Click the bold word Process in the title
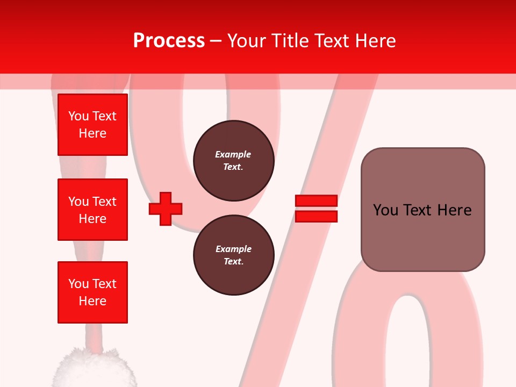coord(169,41)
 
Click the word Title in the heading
coord(291,41)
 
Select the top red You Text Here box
coord(92,125)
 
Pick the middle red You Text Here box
coord(92,210)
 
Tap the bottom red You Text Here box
coord(92,292)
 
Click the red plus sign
coord(166,209)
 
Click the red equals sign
coord(316,209)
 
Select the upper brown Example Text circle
coord(233,161)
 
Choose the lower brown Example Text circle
coord(233,255)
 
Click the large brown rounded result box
coord(422,210)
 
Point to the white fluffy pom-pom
coord(94,368)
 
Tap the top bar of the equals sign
coord(316,201)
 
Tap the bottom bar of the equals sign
coord(316,216)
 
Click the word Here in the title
coord(375,41)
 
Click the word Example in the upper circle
coord(233,154)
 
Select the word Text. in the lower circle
coord(233,262)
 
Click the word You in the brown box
coord(385,210)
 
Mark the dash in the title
coord(216,41)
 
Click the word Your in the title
coord(247,41)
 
